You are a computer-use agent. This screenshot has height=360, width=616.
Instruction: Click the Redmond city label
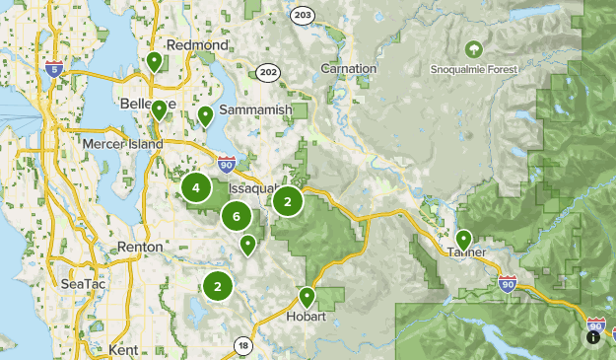198,45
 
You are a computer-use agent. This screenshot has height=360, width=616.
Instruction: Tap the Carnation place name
349,69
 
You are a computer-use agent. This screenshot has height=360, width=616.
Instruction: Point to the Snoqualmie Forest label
474,70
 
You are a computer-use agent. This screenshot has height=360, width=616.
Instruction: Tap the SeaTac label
77,283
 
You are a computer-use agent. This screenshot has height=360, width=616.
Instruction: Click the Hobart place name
307,318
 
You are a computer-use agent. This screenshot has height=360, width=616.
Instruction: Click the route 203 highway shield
302,16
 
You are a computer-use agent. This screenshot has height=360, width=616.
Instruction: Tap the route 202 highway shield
267,72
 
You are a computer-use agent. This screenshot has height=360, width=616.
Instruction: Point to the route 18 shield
242,344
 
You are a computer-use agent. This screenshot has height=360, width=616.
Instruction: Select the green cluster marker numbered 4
196,187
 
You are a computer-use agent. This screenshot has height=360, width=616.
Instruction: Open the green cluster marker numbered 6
237,215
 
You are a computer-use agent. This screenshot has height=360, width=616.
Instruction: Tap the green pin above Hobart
307,295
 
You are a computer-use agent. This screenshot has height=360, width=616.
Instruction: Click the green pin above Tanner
463,238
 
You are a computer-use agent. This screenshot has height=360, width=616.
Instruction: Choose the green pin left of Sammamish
206,115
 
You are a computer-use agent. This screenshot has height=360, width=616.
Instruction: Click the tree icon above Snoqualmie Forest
474,48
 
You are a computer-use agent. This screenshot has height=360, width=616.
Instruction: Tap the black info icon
593,336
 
